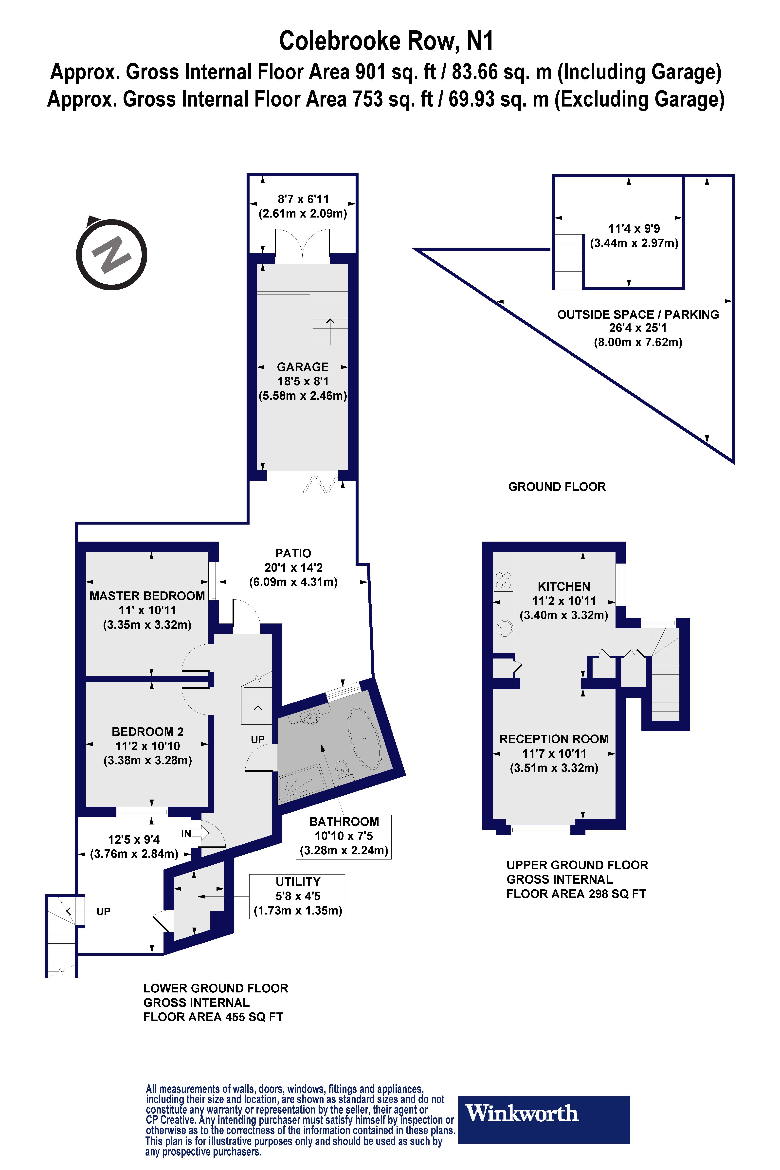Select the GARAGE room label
coord(302,367)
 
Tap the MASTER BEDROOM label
coord(147,595)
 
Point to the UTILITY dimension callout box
coord(297,896)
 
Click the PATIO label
coord(293,553)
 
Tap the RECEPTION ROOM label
coord(554,739)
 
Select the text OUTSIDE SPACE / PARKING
coord(638,314)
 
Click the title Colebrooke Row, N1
coord(386,41)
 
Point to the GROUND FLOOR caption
coord(557,487)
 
